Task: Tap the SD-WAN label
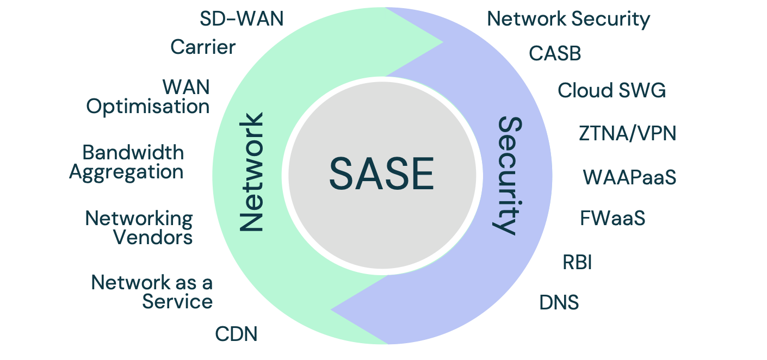pos(242,19)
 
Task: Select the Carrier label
pos(203,47)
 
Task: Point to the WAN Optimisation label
pos(148,96)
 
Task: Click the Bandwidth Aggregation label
pos(126,162)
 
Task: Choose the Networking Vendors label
pos(139,228)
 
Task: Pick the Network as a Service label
pos(152,292)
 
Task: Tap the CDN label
pos(236,333)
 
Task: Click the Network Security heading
pos(568,19)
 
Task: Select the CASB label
pos(555,53)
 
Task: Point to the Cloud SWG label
pos(611,90)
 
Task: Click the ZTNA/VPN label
pos(627,133)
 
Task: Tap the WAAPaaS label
pos(629,177)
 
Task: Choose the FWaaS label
pos(613,219)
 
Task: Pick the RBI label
pos(577,262)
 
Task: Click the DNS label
pos(559,302)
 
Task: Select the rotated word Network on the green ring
pos(251,172)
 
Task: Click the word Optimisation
pos(148,106)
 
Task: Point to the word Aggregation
pos(126,172)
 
